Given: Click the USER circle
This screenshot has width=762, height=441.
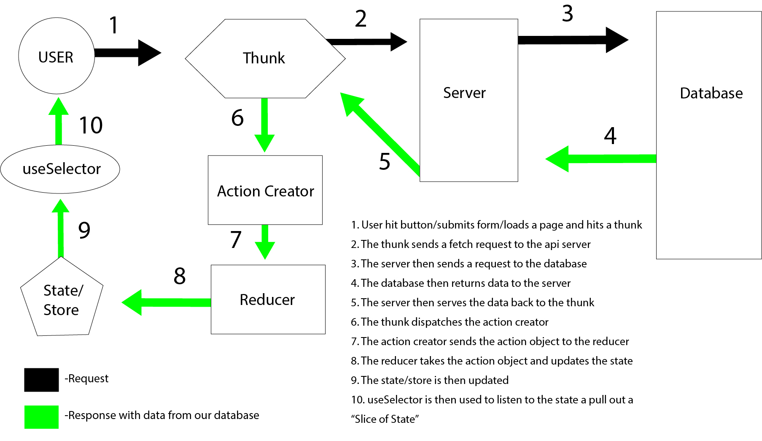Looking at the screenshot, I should (57, 56).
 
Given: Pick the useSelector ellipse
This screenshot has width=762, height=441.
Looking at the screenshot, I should (60, 169).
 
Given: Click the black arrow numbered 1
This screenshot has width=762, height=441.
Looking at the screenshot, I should (127, 53).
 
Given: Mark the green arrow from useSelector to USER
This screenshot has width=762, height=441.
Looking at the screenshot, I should (59, 122).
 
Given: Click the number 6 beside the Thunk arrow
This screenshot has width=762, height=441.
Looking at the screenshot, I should (237, 117).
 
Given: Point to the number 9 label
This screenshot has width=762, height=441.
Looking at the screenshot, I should (84, 230).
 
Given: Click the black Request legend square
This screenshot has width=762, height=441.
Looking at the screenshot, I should (41, 380).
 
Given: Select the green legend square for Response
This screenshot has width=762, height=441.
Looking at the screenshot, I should (41, 417).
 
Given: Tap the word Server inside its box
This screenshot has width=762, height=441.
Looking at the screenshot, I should (464, 93).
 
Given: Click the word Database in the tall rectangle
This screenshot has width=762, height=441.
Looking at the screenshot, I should (711, 93).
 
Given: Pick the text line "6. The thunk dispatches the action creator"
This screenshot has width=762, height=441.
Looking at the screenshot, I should (450, 322).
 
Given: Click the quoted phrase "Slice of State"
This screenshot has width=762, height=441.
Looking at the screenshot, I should (385, 419).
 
